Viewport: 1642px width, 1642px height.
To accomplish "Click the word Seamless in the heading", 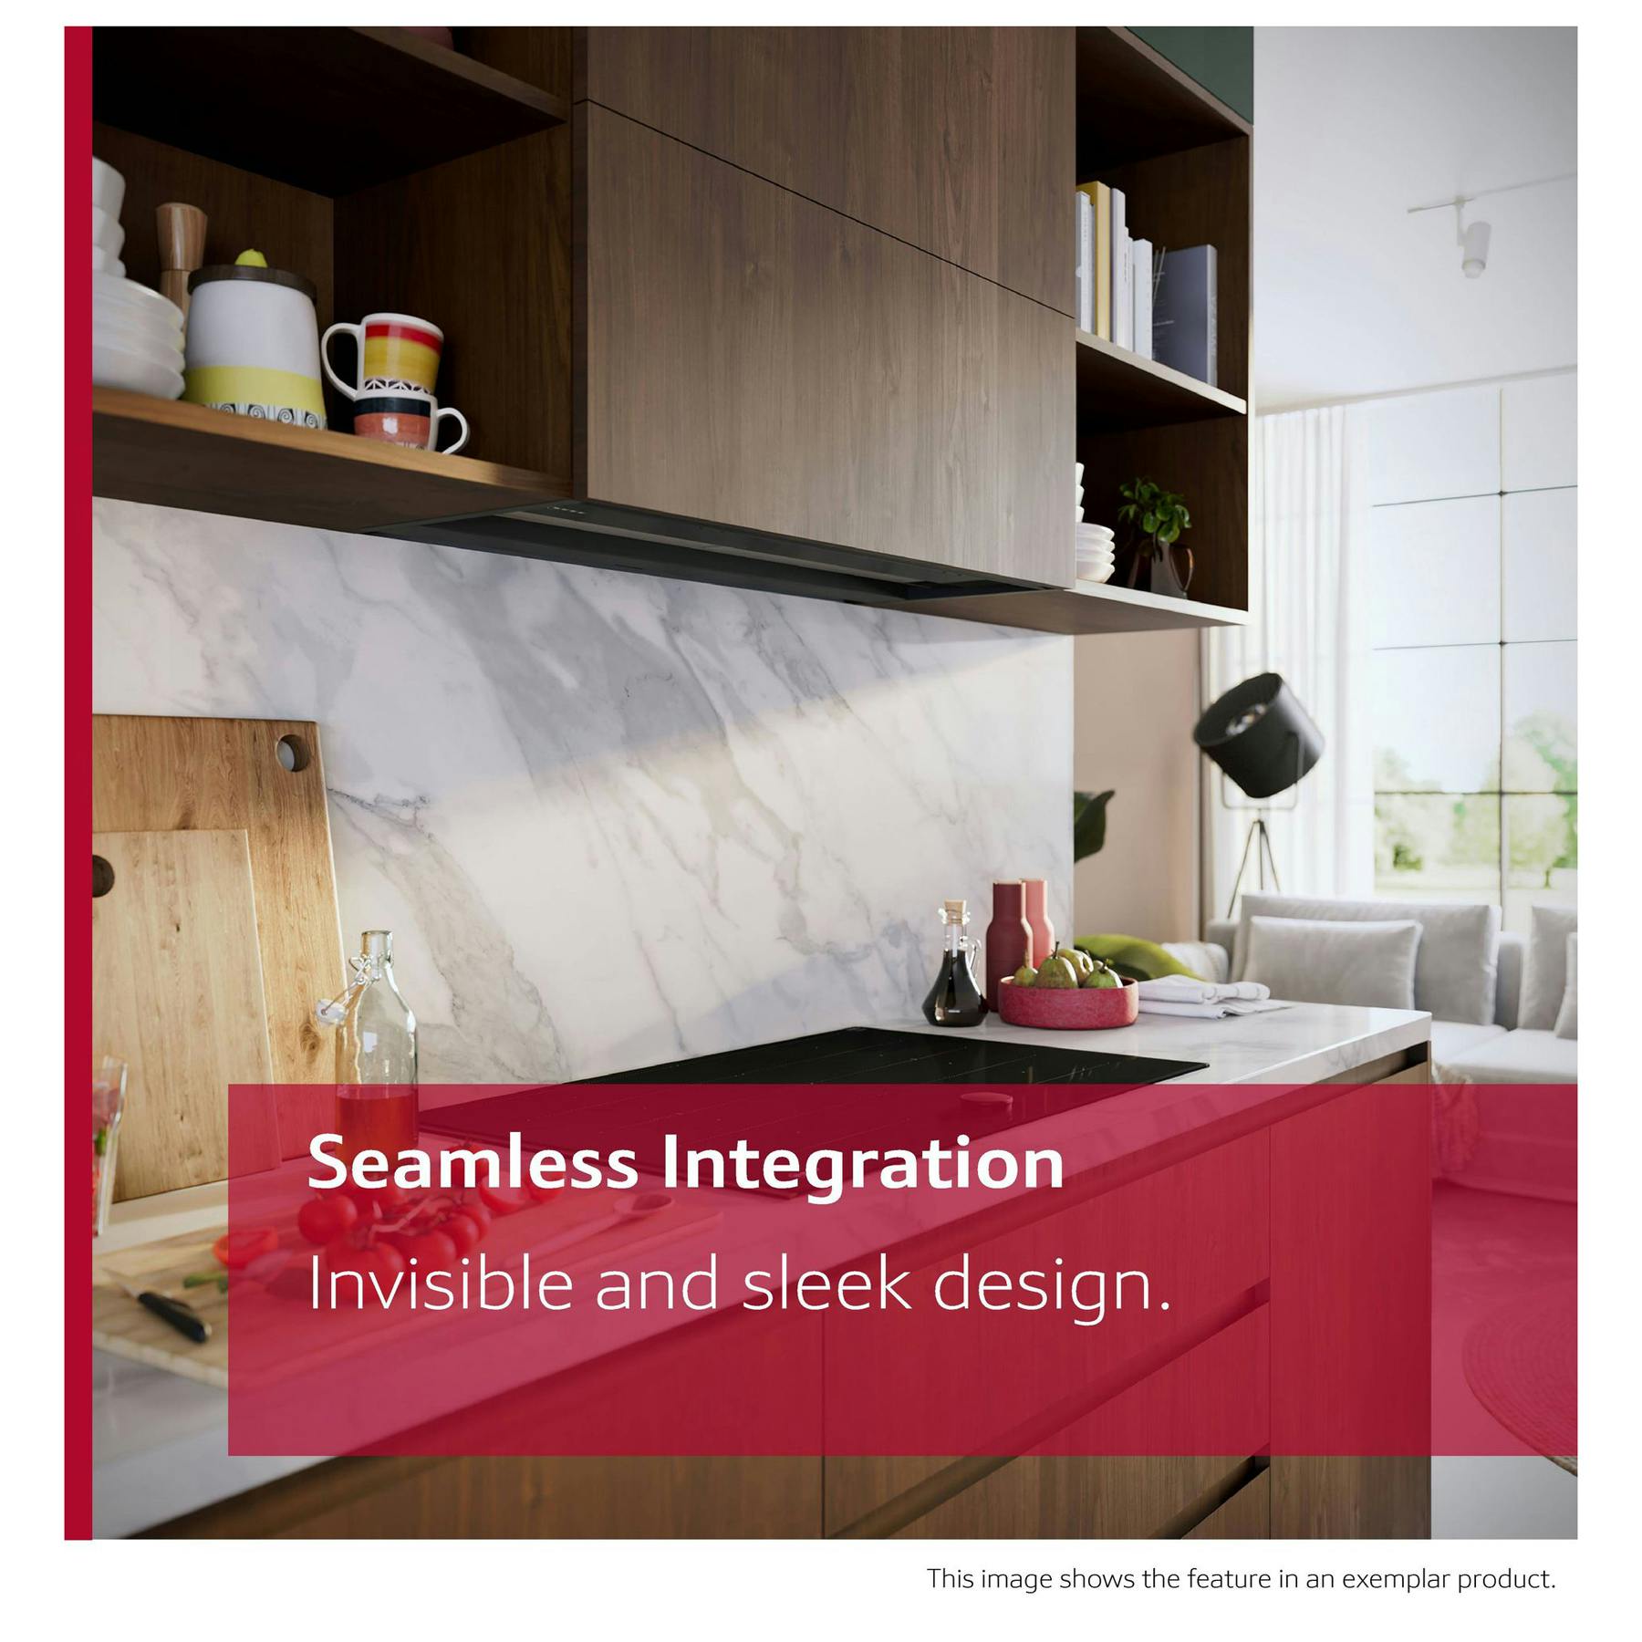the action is tap(473, 1164).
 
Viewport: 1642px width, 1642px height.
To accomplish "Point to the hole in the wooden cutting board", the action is tap(293, 752).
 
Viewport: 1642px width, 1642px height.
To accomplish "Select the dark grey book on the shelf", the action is tap(1184, 315).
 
